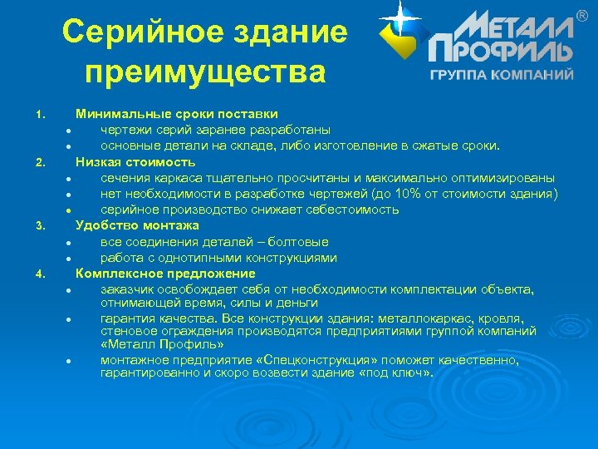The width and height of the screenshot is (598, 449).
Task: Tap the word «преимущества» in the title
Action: (x=204, y=71)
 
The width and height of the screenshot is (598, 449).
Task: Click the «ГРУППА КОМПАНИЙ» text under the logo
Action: (x=502, y=75)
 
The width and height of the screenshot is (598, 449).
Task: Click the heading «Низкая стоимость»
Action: (x=135, y=161)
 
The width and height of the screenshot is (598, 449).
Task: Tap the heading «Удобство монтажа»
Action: (x=137, y=225)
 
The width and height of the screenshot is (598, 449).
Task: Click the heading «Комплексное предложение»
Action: (x=165, y=274)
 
